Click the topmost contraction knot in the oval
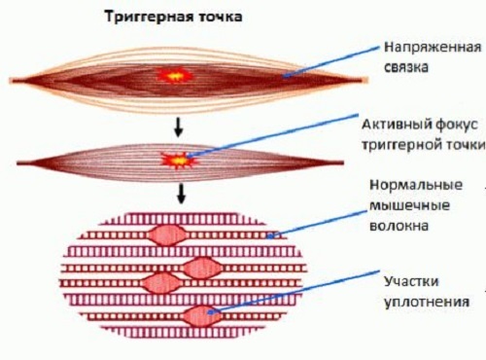[x=171, y=234]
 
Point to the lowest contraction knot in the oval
[x=200, y=314]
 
